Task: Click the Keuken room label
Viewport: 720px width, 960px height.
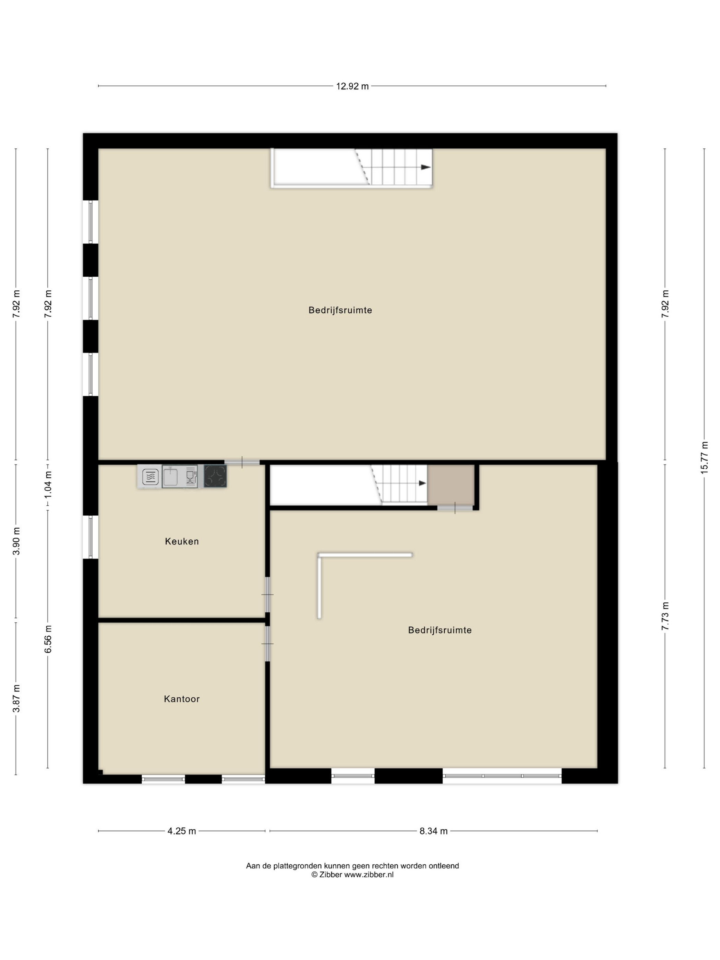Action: click(181, 541)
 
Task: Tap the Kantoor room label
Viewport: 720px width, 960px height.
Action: click(181, 699)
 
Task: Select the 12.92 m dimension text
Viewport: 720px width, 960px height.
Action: click(352, 86)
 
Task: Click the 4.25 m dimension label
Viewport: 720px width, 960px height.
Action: click(181, 831)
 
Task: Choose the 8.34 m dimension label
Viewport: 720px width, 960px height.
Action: click(433, 831)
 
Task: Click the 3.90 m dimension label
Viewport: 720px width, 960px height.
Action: click(16, 541)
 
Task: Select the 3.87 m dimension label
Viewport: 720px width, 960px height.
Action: click(16, 699)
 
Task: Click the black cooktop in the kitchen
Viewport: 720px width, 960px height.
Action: click(215, 476)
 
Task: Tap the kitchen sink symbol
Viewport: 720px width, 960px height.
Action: click(170, 476)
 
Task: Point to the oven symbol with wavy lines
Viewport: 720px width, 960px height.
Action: click(150, 477)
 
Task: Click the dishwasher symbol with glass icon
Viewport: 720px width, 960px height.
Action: click(191, 477)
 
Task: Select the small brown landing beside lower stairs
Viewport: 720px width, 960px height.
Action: click(451, 485)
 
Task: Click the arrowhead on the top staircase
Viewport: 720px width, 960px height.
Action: click(426, 167)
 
